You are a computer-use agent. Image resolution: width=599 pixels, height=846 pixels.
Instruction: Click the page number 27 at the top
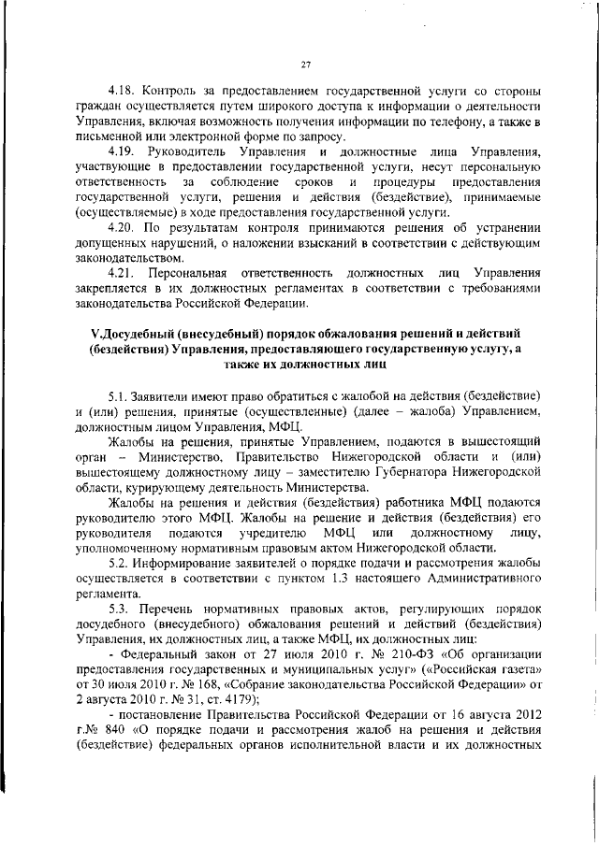[306, 65]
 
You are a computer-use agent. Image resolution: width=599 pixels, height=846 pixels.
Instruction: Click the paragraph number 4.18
[122, 92]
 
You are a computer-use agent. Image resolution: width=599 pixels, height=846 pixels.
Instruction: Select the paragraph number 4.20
[122, 226]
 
